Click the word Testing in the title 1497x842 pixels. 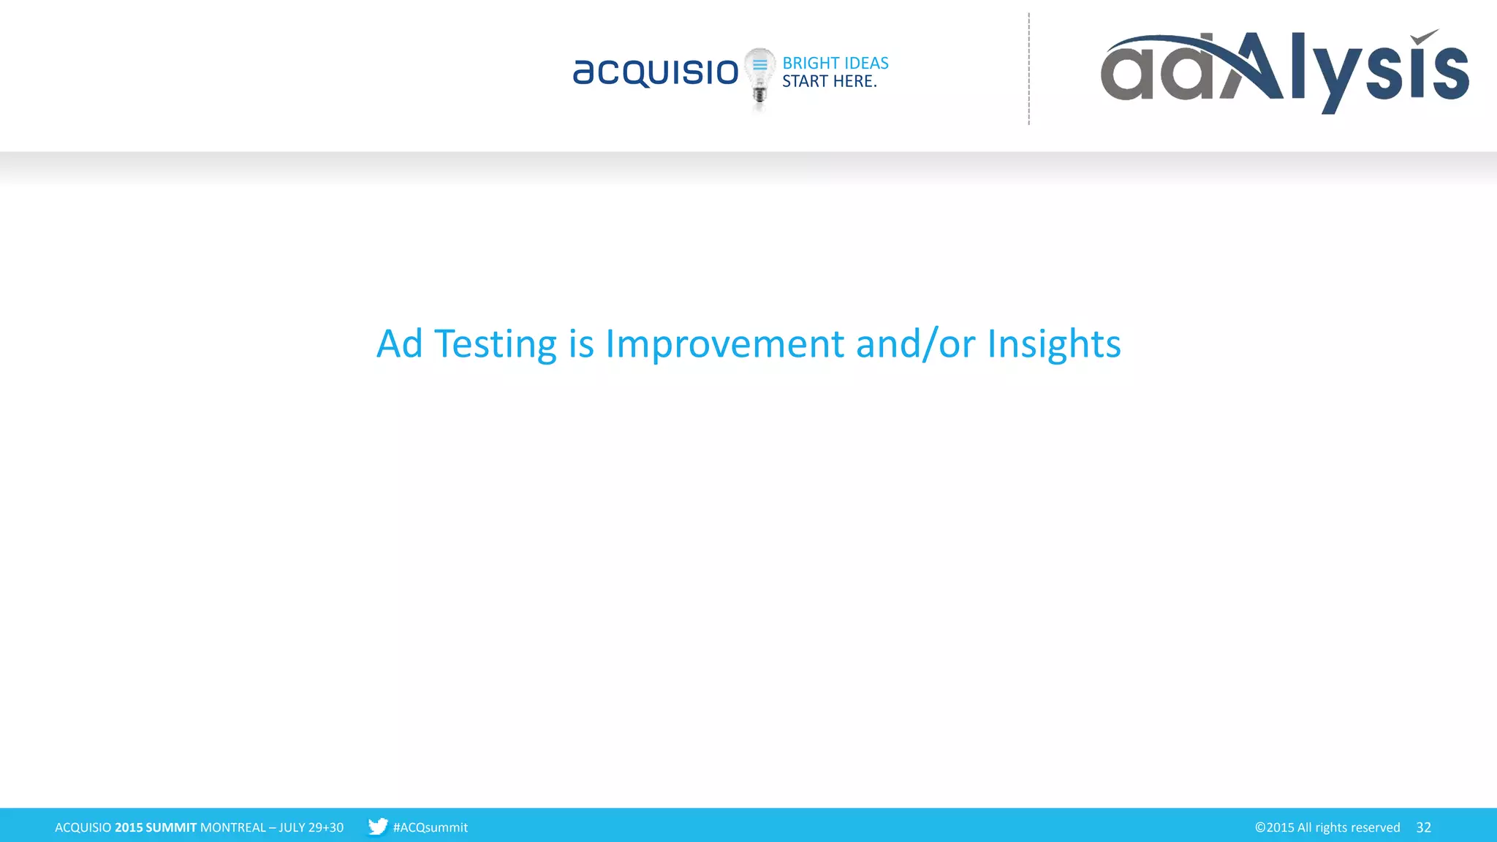(x=495, y=344)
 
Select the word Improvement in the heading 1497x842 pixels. (x=724, y=344)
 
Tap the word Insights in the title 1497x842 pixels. (x=1053, y=344)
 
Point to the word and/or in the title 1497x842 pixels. (x=915, y=344)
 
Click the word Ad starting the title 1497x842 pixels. (x=399, y=344)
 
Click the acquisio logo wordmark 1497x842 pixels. (x=656, y=72)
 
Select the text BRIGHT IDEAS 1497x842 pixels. (x=835, y=63)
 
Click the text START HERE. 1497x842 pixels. (x=829, y=81)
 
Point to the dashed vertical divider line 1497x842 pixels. (x=1028, y=69)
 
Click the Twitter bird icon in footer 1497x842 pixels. (x=377, y=827)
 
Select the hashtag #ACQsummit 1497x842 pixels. (x=430, y=827)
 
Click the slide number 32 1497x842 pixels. (x=1423, y=827)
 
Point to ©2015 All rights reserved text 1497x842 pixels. (x=1327, y=827)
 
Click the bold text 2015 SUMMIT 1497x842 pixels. (x=156, y=827)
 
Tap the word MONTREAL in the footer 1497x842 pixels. (x=232, y=827)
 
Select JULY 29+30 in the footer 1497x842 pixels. (x=311, y=827)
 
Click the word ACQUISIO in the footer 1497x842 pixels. (x=83, y=827)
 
